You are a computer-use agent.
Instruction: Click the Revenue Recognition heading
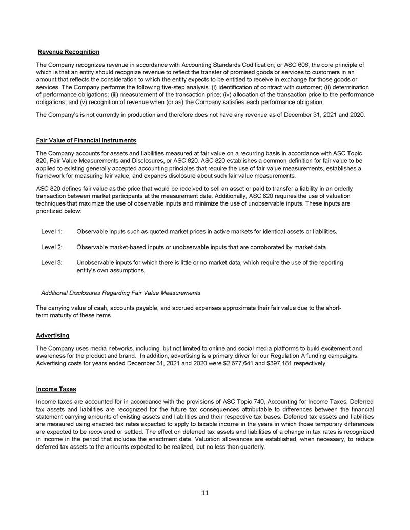pyautogui.click(x=69, y=52)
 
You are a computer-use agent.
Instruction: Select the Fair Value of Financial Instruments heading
pyautogui.click(x=86, y=140)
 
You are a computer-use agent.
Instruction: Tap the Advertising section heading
pyautogui.click(x=53, y=335)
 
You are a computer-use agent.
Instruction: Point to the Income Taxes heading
pyautogui.click(x=56, y=389)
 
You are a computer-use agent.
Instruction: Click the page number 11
pyautogui.click(x=204, y=493)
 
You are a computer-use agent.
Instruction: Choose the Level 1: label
pyautogui.click(x=51, y=232)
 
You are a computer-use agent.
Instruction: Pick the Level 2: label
pyautogui.click(x=51, y=247)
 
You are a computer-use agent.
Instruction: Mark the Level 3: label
pyautogui.click(x=51, y=262)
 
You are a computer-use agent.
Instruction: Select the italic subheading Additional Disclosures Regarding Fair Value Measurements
pyautogui.click(x=120, y=293)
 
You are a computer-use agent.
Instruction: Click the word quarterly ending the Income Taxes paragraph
pyautogui.click(x=253, y=446)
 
